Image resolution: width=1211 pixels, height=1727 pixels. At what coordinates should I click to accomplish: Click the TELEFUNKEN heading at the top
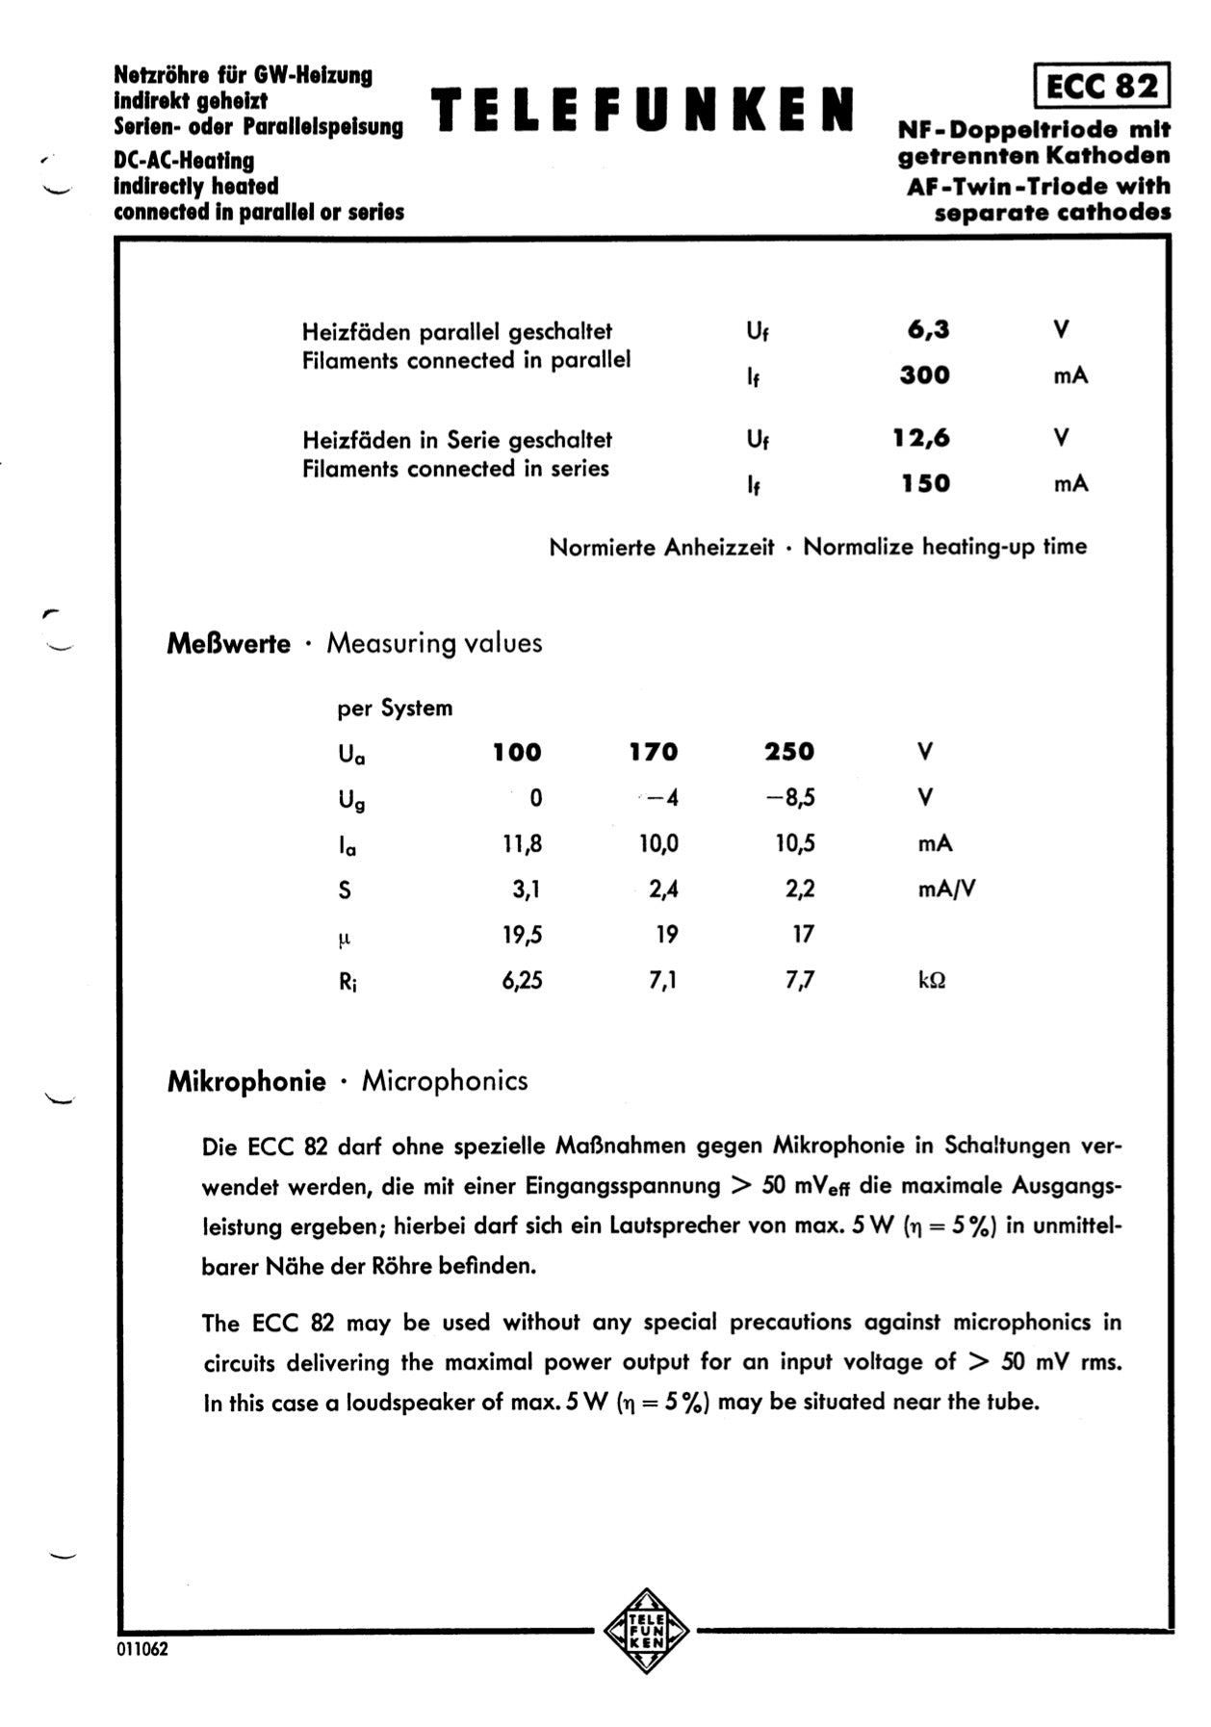coord(642,109)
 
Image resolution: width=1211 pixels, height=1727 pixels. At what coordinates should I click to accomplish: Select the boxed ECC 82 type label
coord(1101,87)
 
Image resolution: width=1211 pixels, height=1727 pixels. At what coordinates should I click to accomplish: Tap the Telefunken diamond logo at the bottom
coord(646,1631)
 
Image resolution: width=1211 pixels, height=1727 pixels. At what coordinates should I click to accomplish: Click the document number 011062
coord(142,1649)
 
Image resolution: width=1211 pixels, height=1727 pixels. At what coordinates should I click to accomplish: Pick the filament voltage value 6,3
coord(927,330)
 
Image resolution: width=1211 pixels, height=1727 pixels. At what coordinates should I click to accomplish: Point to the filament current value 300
coord(924,375)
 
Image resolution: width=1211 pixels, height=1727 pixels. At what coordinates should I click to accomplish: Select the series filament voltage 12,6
coord(920,439)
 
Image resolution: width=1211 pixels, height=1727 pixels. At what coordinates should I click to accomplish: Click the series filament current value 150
coord(925,483)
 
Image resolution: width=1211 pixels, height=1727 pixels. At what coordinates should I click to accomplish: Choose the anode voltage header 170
coord(654,752)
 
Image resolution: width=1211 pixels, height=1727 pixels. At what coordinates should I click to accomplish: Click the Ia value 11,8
coord(522,844)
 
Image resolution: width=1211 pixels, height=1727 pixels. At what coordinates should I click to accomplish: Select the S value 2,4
coord(663,889)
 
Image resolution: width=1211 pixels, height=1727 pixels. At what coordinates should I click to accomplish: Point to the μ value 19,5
coord(522,935)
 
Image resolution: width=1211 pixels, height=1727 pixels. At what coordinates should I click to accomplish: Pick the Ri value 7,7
coord(800,981)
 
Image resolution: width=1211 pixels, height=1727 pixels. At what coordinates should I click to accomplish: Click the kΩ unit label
coord(931,981)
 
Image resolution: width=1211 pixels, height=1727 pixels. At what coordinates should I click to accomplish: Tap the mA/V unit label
coord(946,889)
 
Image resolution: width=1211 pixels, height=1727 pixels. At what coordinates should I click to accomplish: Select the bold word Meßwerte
coord(228,643)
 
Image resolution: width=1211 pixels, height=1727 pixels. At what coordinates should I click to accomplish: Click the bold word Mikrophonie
coord(246,1081)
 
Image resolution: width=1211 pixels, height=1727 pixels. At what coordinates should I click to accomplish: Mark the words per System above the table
coord(395,709)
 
